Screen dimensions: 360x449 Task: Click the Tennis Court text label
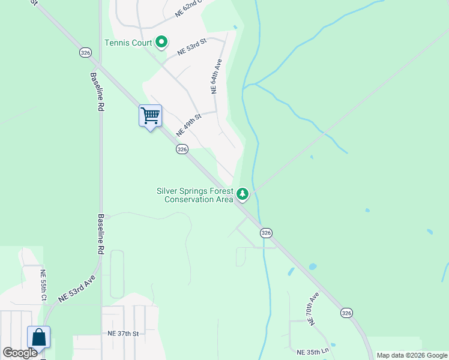click(128, 43)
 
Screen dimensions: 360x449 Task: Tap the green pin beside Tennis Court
click(161, 42)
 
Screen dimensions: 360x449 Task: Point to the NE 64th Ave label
click(217, 76)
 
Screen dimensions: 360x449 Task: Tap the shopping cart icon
click(150, 115)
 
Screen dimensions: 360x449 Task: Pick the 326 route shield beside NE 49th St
click(182, 149)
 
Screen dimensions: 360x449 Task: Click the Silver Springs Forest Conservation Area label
click(195, 195)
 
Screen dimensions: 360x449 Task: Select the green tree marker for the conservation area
click(243, 194)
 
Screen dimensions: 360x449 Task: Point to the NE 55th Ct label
click(43, 284)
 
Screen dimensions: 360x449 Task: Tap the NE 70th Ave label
click(313, 309)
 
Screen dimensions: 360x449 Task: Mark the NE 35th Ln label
click(313, 351)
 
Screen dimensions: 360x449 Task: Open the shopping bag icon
click(39, 337)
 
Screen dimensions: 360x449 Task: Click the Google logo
click(20, 353)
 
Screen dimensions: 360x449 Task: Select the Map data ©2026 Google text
click(412, 355)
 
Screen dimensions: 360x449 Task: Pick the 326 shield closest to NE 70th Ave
click(346, 313)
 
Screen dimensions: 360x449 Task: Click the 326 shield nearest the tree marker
click(267, 232)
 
